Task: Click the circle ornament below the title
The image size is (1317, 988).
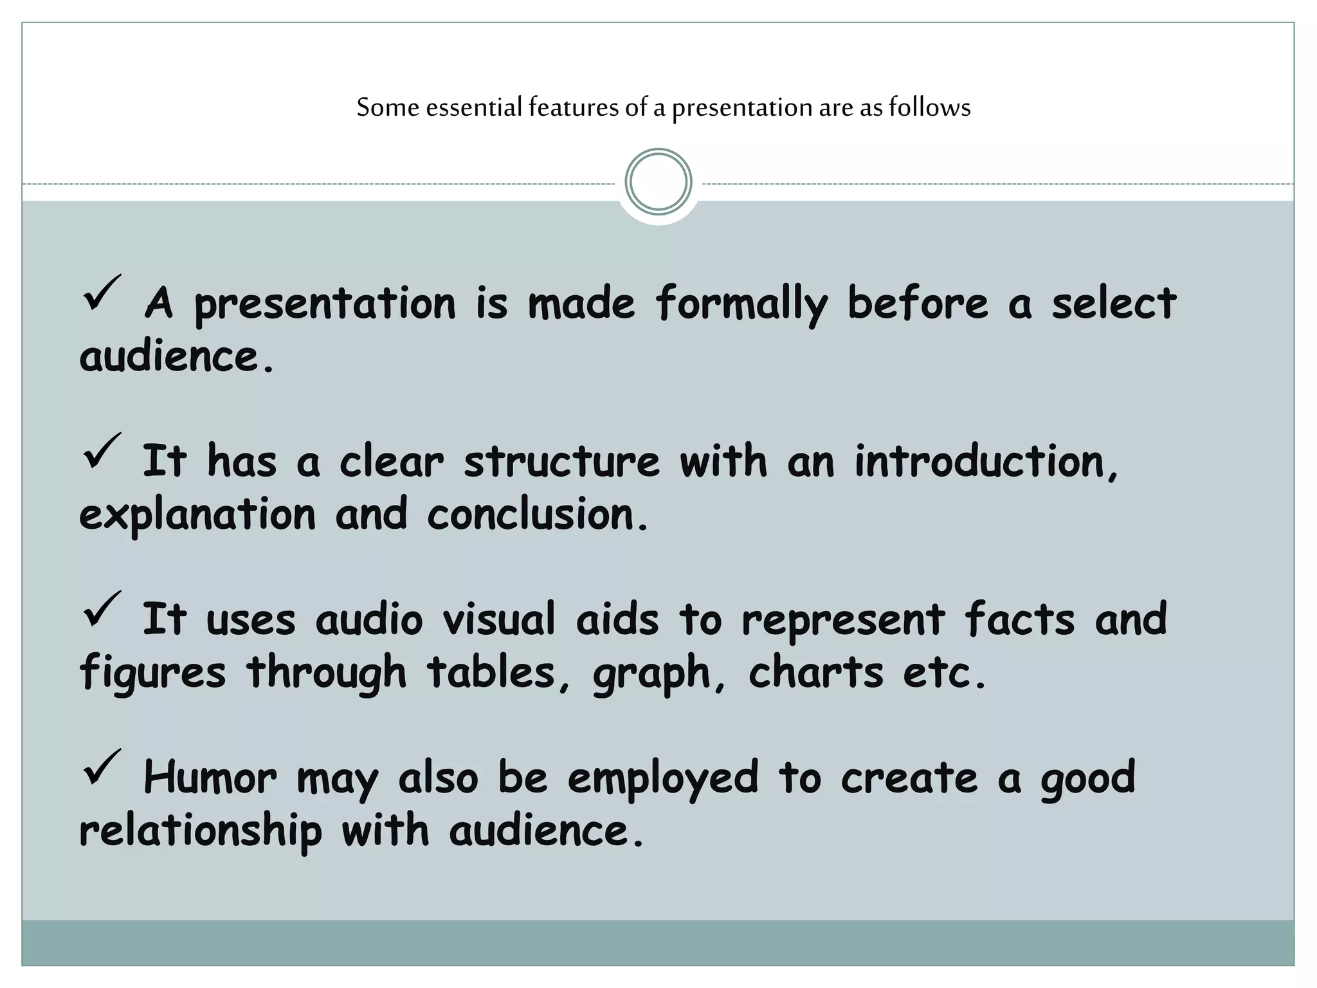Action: click(658, 182)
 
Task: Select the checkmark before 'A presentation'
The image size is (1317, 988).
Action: click(101, 295)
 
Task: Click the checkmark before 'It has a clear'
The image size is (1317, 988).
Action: click(101, 452)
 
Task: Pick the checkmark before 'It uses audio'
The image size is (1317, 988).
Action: click(101, 610)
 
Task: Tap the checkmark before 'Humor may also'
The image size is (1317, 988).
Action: click(101, 768)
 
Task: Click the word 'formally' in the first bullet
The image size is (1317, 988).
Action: click(741, 304)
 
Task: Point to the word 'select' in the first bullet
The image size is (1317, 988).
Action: click(1113, 304)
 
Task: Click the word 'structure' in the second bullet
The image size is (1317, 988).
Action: click(561, 461)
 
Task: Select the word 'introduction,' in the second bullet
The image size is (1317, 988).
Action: click(986, 461)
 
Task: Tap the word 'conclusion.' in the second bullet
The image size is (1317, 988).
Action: click(538, 515)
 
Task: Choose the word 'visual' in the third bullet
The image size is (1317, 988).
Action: click(498, 619)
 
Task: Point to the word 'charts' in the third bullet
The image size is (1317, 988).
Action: click(815, 672)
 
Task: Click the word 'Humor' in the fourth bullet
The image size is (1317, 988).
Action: click(210, 777)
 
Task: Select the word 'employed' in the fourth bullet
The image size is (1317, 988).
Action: click(663, 778)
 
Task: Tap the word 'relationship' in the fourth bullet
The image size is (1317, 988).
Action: click(200, 831)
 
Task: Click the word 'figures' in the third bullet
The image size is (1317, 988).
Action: click(152, 673)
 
